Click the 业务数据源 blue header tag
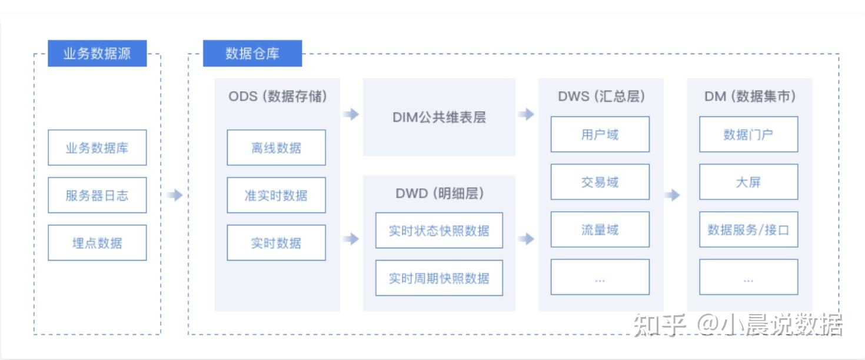[x=97, y=54]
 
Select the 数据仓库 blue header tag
[x=252, y=54]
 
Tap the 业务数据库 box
[x=97, y=148]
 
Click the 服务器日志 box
[x=97, y=195]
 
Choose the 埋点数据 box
[x=97, y=242]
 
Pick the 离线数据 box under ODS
[x=276, y=148]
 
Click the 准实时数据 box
[x=276, y=195]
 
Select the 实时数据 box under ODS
[x=276, y=242]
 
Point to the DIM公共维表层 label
[x=439, y=117]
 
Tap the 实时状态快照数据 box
[x=439, y=231]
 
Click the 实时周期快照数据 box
[x=439, y=278]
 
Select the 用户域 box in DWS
[x=600, y=134]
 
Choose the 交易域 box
[x=600, y=182]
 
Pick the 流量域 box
[x=600, y=229]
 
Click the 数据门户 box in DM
[x=748, y=134]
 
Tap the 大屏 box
[x=748, y=182]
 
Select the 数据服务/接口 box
[x=748, y=229]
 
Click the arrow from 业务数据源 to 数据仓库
[x=174, y=195]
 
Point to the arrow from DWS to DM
[x=672, y=195]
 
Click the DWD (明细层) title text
[x=439, y=194]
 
